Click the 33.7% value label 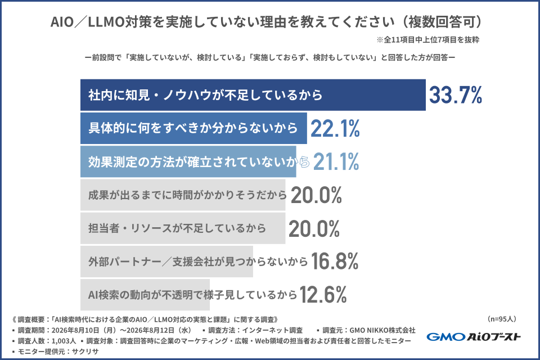click(x=455, y=95)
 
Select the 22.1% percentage click(x=335, y=128)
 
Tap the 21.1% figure click(x=336, y=161)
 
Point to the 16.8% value click(x=335, y=261)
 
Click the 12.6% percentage click(x=323, y=295)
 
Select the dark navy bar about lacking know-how click(x=253, y=95)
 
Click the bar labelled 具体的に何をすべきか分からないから click(x=193, y=128)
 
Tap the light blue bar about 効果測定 click(x=188, y=161)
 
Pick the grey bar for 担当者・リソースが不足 click(x=183, y=228)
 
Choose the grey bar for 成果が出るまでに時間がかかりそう click(x=183, y=195)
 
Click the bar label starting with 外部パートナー click(x=197, y=262)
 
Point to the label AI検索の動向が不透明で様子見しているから click(x=192, y=295)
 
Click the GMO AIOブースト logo click(x=474, y=336)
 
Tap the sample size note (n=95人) click(x=502, y=319)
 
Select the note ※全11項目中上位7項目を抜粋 click(x=427, y=39)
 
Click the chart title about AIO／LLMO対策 click(x=266, y=22)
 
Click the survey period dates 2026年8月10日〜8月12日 click(x=121, y=330)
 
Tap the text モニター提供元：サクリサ click(x=58, y=352)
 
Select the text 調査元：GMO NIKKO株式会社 click(x=369, y=330)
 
